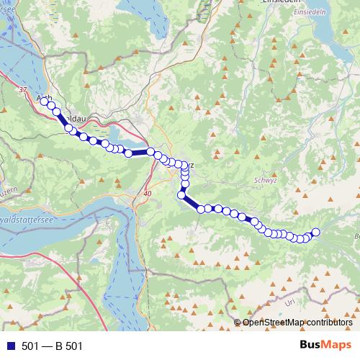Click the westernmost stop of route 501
[x=44, y=102]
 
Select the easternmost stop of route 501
[x=315, y=231]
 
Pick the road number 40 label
[x=148, y=194]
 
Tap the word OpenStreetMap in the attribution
[x=274, y=322]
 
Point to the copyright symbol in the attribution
[x=237, y=322]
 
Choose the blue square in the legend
[x=10, y=346]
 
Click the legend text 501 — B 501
[x=52, y=346]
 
